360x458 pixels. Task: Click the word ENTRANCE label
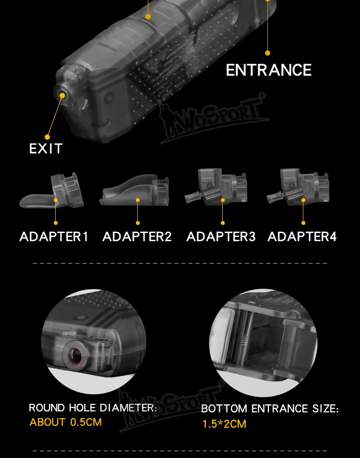(x=269, y=70)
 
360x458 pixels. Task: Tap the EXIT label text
(x=46, y=149)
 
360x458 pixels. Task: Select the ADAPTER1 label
(x=54, y=236)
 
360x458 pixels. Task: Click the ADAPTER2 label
(x=137, y=236)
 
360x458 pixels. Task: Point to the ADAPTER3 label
(x=221, y=236)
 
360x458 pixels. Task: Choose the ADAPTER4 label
(x=302, y=236)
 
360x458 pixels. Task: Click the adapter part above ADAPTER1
(x=52, y=190)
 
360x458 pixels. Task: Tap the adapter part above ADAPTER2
(x=134, y=190)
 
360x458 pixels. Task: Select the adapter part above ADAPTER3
(x=216, y=187)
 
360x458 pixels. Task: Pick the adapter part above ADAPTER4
(x=298, y=187)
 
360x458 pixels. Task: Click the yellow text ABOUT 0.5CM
(x=65, y=422)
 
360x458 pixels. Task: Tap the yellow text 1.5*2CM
(x=224, y=424)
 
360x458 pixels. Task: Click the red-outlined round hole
(x=74, y=355)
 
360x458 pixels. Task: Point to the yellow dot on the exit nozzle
(x=62, y=95)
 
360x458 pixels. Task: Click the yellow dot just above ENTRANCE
(x=267, y=53)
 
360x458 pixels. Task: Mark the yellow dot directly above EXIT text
(x=48, y=137)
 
